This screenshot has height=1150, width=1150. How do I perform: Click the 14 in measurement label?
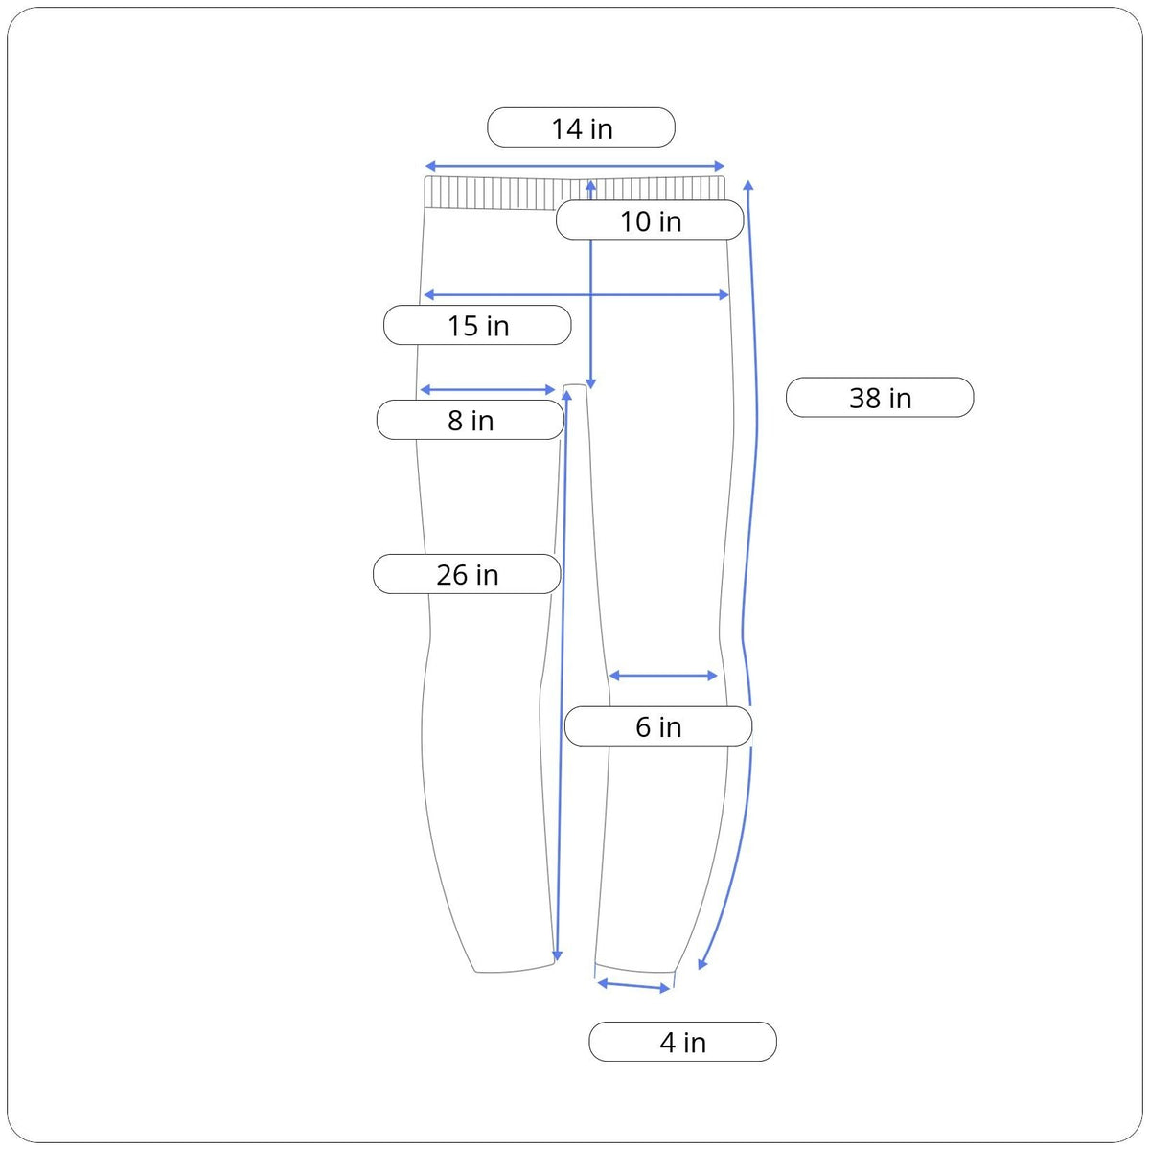coord(581,127)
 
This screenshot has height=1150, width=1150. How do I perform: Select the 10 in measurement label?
coord(650,220)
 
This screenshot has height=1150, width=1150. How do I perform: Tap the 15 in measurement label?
coord(477,325)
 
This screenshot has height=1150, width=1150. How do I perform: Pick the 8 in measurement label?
coord(470,420)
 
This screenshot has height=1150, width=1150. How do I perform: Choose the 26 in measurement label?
coord(467,574)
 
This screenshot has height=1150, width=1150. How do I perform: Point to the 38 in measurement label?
coord(880,398)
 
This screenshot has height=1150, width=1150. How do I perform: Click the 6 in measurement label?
coord(657,726)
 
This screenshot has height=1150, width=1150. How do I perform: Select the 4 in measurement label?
coord(682,1042)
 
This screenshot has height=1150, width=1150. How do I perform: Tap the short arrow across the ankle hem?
coord(633,985)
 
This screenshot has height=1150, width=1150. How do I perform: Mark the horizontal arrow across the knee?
coord(663,676)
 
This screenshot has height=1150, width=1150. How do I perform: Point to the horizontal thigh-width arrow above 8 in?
coord(488,390)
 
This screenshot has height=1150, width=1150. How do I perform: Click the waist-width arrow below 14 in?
coord(575,166)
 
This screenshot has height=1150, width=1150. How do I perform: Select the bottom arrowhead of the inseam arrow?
coord(558,956)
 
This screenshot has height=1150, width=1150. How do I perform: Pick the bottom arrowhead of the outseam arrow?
coord(702,963)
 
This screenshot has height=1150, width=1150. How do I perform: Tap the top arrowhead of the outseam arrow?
coord(748,184)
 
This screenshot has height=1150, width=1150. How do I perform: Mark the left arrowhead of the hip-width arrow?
coord(428,294)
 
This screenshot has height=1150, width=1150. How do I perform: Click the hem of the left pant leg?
coord(516,970)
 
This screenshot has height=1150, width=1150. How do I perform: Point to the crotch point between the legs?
coord(575,387)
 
